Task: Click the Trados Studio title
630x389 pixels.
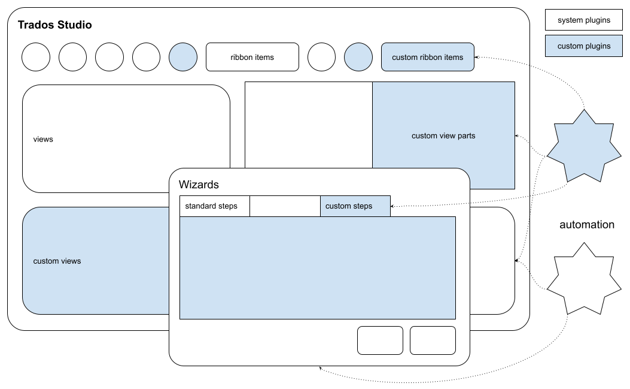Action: [55, 25]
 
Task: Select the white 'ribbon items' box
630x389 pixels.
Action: [252, 57]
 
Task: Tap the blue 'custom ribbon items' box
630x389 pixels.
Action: [427, 57]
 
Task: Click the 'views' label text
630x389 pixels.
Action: [43, 139]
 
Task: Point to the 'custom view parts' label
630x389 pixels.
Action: [443, 135]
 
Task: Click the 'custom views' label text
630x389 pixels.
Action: [57, 261]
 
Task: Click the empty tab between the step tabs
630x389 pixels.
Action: [285, 206]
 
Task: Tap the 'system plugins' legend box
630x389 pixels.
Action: [583, 20]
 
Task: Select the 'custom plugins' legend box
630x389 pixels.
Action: [583, 46]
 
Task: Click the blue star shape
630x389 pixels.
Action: [583, 146]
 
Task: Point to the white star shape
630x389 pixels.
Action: [583, 278]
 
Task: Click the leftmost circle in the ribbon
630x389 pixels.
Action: [36, 57]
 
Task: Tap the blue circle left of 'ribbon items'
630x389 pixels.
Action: [183, 57]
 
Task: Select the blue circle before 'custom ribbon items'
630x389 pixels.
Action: [358, 57]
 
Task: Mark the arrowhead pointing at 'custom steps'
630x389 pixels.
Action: [393, 206]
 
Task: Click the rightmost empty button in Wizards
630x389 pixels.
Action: [433, 340]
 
